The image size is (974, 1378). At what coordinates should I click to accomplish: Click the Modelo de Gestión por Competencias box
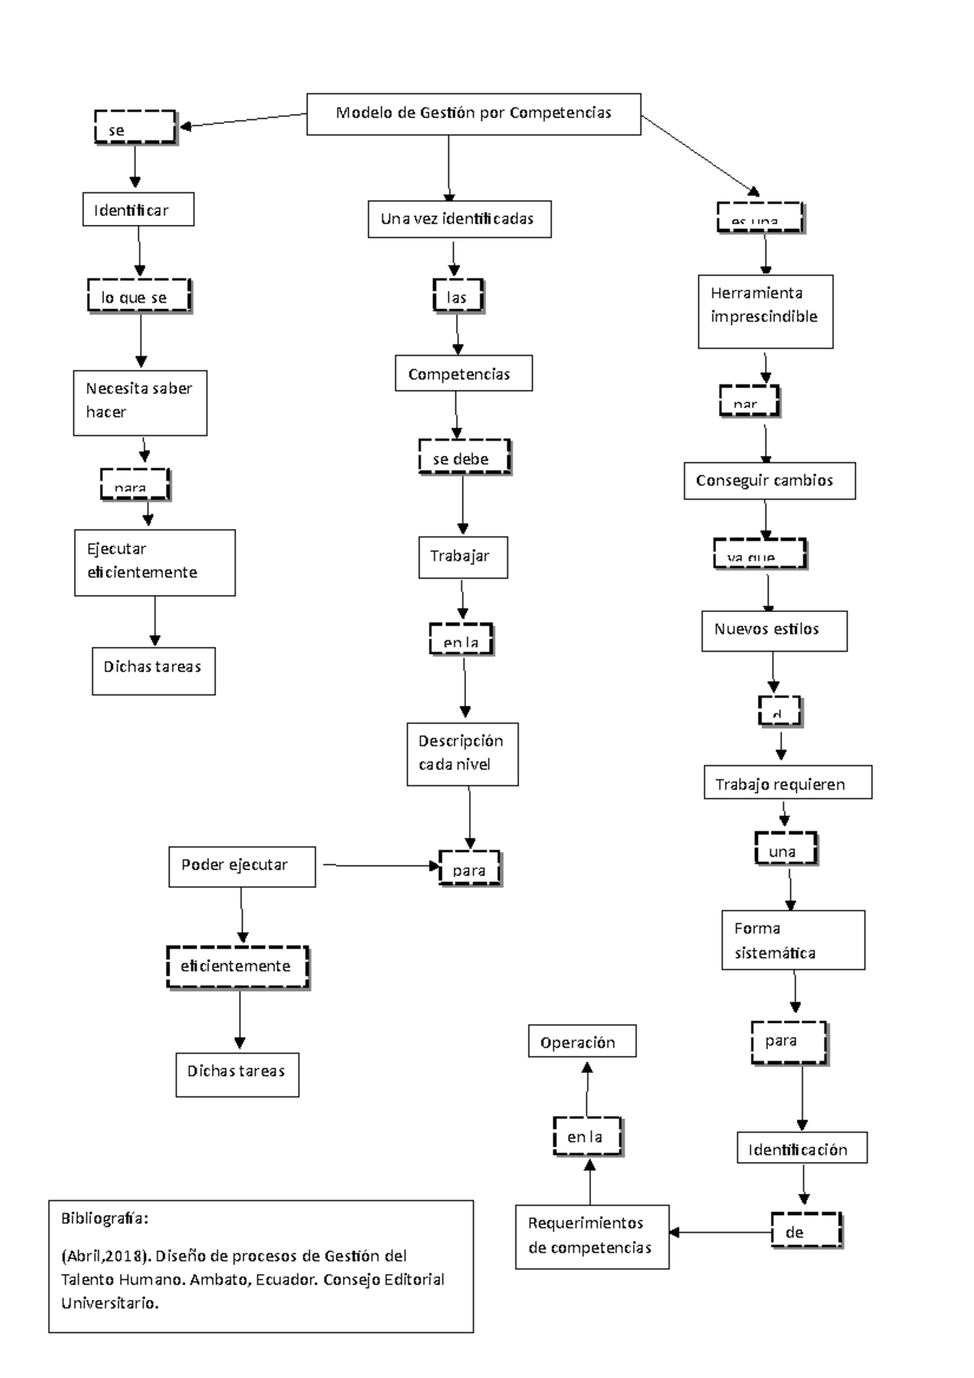pos(473,114)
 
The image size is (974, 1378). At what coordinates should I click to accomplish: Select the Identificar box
pos(138,209)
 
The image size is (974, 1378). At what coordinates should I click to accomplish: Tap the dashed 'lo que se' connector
pos(139,297)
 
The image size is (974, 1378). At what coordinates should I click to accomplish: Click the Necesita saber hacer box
pos(140,403)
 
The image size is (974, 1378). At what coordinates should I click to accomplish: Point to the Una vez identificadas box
pos(459,219)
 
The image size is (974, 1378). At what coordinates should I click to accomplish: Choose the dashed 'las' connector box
pos(458,297)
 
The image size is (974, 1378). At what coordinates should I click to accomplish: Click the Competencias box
pos(463,374)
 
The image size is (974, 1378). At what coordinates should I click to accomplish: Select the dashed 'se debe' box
pos(464,458)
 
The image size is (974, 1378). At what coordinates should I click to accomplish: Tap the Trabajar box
pos(463,557)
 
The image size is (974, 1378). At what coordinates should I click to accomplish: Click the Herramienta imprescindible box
pos(765,312)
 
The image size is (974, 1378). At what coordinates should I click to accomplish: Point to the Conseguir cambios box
pos(769,480)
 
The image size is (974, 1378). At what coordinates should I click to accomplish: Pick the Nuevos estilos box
pos(774,631)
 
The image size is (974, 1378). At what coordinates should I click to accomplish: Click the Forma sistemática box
pos(793,940)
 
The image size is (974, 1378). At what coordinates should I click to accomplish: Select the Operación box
pos(582,1041)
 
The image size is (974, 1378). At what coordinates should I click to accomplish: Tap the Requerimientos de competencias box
pos(592,1236)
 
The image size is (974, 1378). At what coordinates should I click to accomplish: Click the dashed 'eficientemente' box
pos(238,967)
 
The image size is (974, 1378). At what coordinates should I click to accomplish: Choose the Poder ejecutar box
pos(242,866)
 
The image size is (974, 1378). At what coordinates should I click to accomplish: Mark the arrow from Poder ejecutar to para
pos(377,866)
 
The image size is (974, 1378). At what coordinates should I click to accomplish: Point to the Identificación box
pos(802,1148)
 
